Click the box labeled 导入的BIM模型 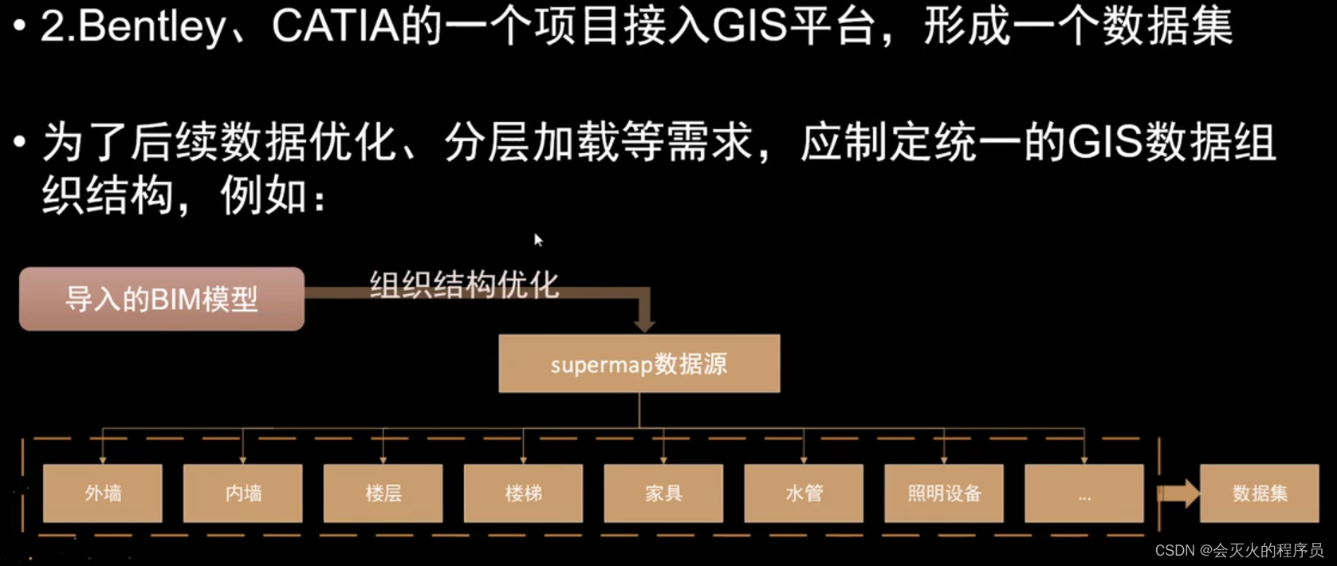[x=162, y=299]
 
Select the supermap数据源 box [x=639, y=364]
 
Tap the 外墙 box [x=103, y=493]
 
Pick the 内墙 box [x=243, y=493]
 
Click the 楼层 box [x=383, y=493]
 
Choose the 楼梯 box [x=524, y=493]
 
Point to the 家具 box [x=664, y=493]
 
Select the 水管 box [x=804, y=493]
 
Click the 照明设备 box [x=944, y=493]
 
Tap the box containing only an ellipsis [x=1084, y=493]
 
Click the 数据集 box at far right [x=1260, y=493]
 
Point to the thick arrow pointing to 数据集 [x=1178, y=493]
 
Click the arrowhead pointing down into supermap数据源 [x=644, y=324]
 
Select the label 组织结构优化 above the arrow [x=464, y=284]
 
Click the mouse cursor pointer [x=538, y=239]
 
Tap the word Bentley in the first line [x=151, y=27]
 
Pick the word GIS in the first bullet [x=749, y=26]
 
